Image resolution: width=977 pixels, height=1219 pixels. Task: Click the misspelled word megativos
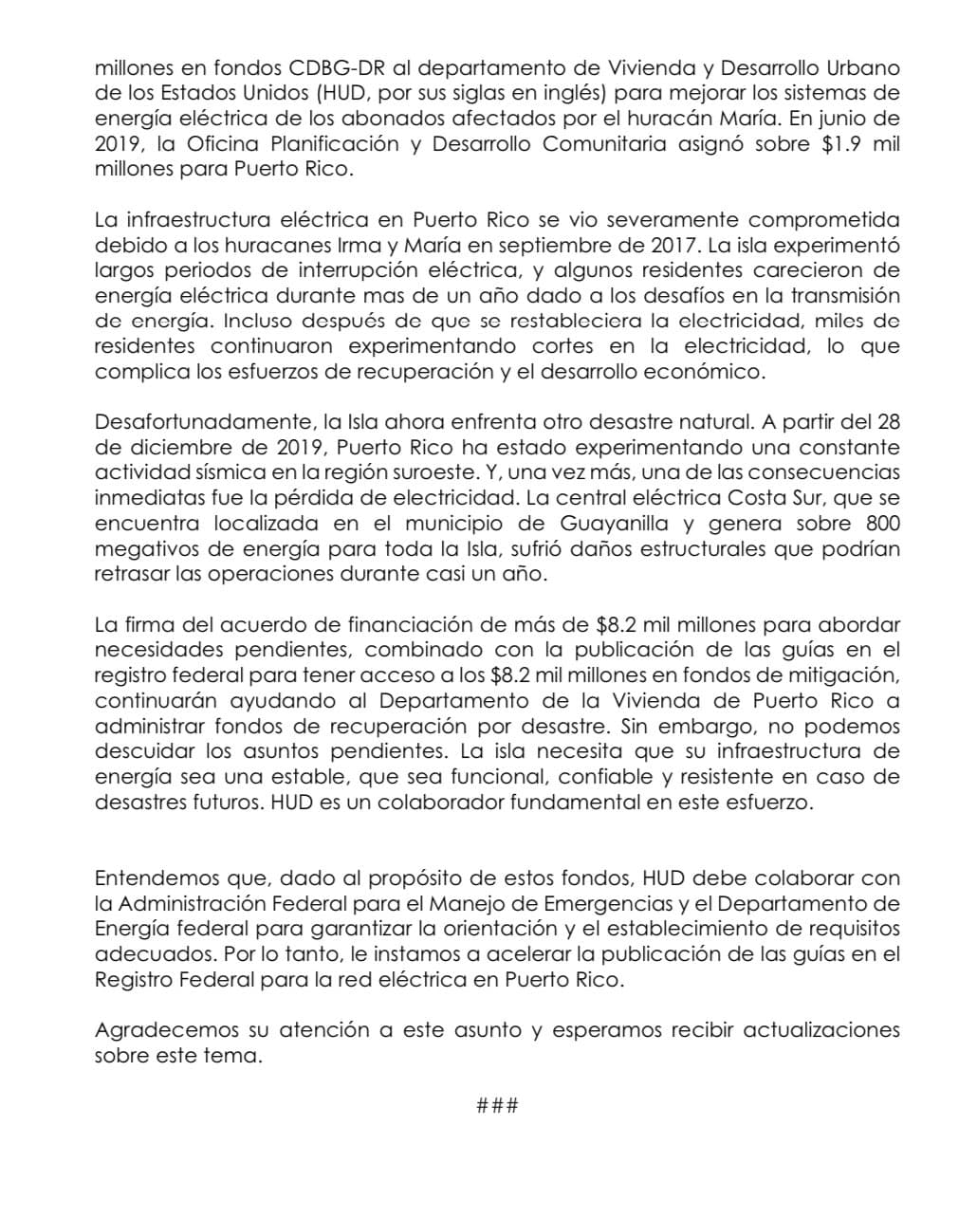pyautogui.click(x=139, y=548)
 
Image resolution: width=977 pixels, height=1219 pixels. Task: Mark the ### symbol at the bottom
pyautogui.click(x=497, y=1105)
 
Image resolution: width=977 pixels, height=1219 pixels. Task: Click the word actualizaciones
pyautogui.click(x=819, y=1029)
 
